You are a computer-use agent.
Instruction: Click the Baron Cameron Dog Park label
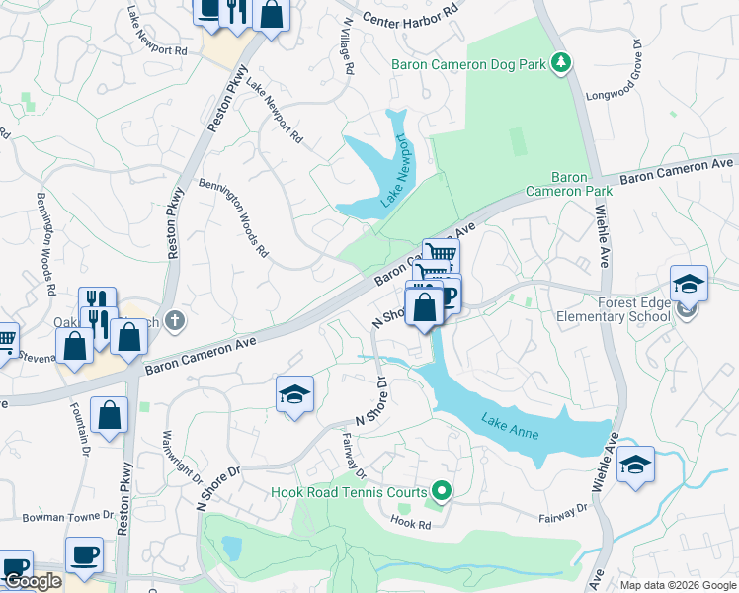(468, 64)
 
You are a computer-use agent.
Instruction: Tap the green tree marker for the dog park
(561, 64)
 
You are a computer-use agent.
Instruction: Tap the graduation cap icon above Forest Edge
(689, 284)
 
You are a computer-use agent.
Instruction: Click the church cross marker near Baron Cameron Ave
(175, 320)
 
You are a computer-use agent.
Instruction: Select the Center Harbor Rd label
(410, 15)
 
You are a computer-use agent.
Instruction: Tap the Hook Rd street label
(410, 521)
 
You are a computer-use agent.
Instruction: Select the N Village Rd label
(347, 49)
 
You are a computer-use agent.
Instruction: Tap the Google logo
(33, 581)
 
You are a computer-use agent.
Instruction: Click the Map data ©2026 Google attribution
(678, 585)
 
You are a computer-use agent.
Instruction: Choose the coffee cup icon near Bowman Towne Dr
(85, 553)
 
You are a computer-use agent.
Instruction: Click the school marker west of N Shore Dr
(293, 394)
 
